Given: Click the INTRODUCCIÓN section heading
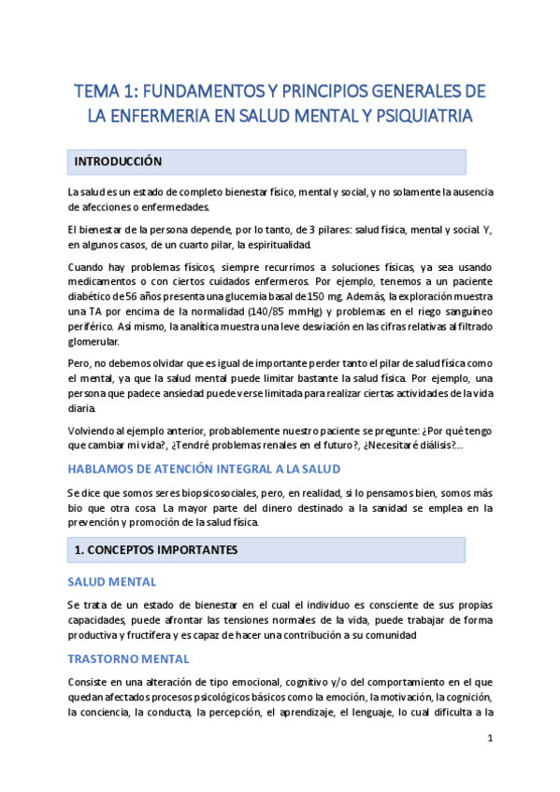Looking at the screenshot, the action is [118, 162].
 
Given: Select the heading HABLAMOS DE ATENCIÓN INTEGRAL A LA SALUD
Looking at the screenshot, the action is [204, 469].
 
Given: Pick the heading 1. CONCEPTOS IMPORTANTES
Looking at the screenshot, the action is [155, 551].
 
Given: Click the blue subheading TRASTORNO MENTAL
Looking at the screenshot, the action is [129, 659].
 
